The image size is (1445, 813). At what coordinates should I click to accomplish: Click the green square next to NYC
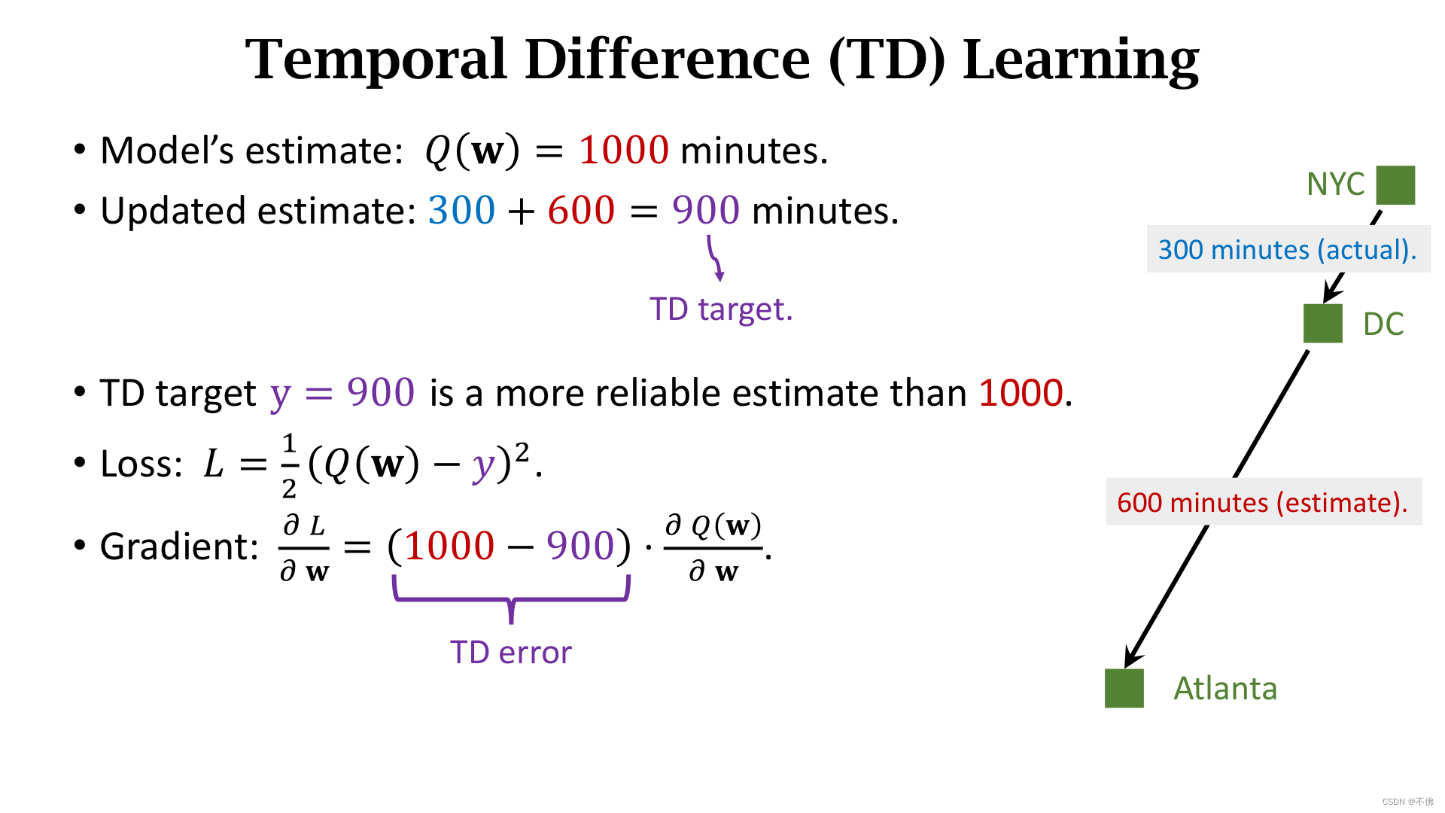click(x=1395, y=185)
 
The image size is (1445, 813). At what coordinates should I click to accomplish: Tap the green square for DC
click(x=1323, y=324)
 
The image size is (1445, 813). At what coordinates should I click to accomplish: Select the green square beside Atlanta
click(x=1124, y=688)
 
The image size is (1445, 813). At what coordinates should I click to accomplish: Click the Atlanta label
click(x=1225, y=689)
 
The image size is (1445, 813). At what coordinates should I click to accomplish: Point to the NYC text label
click(x=1335, y=184)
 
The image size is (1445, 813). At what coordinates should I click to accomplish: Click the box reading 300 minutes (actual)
click(x=1288, y=249)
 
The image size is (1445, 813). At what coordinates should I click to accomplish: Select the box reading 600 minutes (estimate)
click(x=1264, y=502)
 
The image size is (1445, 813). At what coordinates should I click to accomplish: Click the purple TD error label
click(x=511, y=653)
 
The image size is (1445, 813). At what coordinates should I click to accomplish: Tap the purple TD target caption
click(x=721, y=309)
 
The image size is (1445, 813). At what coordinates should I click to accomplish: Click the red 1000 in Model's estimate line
click(x=624, y=150)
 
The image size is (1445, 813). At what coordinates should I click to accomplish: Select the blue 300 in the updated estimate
click(x=462, y=210)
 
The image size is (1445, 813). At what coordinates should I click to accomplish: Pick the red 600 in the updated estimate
click(x=581, y=210)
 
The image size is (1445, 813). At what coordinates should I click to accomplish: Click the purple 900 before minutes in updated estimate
click(x=706, y=210)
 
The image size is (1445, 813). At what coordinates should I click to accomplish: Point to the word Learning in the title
click(x=1081, y=60)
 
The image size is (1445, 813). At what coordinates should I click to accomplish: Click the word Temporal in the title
click(x=376, y=59)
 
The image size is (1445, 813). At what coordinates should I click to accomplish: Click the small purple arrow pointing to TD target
click(x=715, y=258)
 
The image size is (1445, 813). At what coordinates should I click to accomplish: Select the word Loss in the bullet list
click(x=141, y=464)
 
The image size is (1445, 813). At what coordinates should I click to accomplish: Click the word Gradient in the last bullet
click(x=179, y=547)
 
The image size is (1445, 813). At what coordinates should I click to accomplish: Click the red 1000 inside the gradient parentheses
click(x=449, y=546)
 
